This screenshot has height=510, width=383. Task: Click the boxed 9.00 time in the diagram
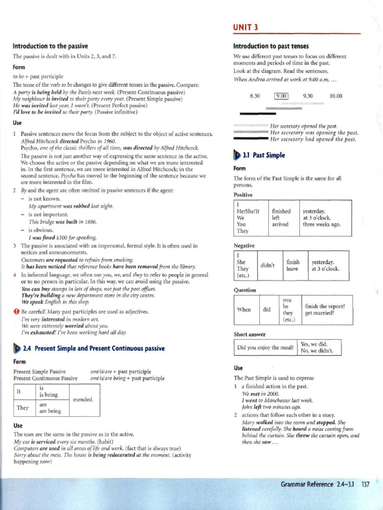[282, 97]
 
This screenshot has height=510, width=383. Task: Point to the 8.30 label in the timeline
[255, 97]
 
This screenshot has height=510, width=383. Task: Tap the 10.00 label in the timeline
[336, 97]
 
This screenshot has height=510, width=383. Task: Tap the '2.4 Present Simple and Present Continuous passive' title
[94, 349]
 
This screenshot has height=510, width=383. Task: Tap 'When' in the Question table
[244, 309]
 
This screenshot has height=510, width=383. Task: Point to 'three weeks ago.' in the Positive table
[322, 224]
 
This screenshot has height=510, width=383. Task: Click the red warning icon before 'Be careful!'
[16, 311]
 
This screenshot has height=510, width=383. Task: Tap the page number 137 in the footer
[365, 484]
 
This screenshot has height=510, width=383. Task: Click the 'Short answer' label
[250, 334]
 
